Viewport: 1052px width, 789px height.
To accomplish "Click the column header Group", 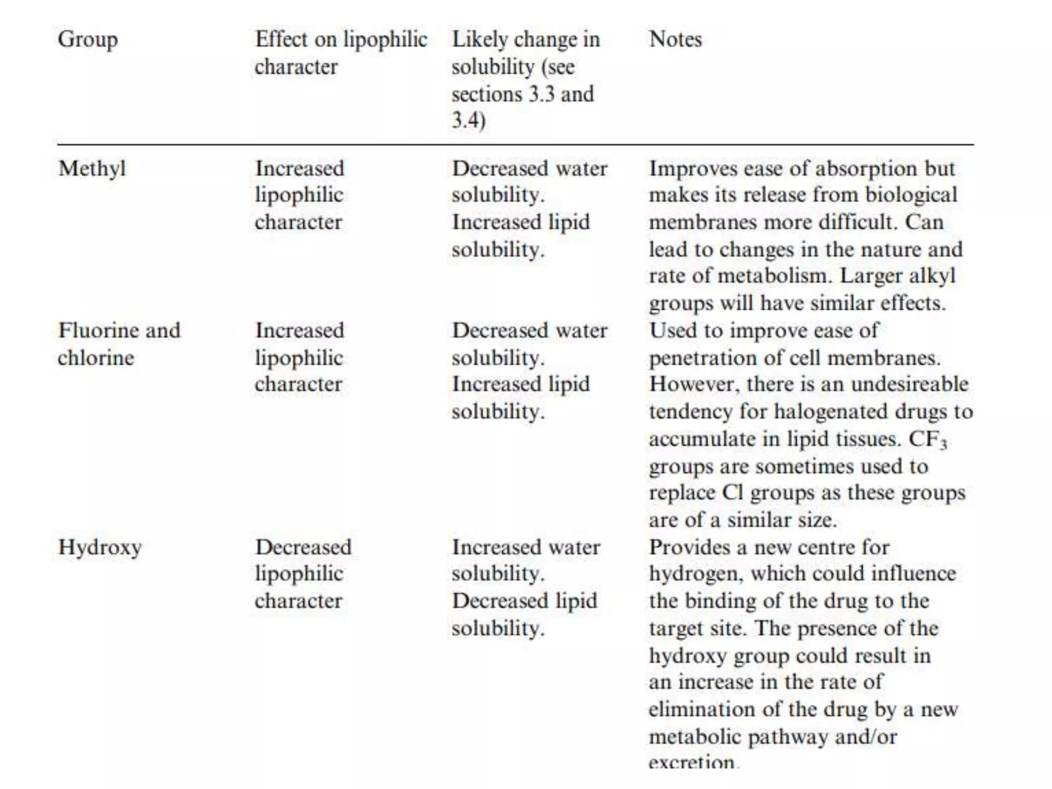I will [88, 40].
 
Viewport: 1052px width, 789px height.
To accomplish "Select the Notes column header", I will [675, 39].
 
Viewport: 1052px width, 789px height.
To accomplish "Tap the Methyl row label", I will [92, 169].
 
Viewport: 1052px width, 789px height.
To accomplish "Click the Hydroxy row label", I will [100, 548].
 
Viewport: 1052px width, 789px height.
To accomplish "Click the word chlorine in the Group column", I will [96, 358].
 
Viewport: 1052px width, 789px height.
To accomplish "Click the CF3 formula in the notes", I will [927, 439].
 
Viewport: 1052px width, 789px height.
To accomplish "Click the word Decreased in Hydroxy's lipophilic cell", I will [304, 548].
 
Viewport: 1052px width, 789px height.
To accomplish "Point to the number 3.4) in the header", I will [468, 121].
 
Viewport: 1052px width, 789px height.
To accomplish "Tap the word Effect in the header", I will [281, 40].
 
